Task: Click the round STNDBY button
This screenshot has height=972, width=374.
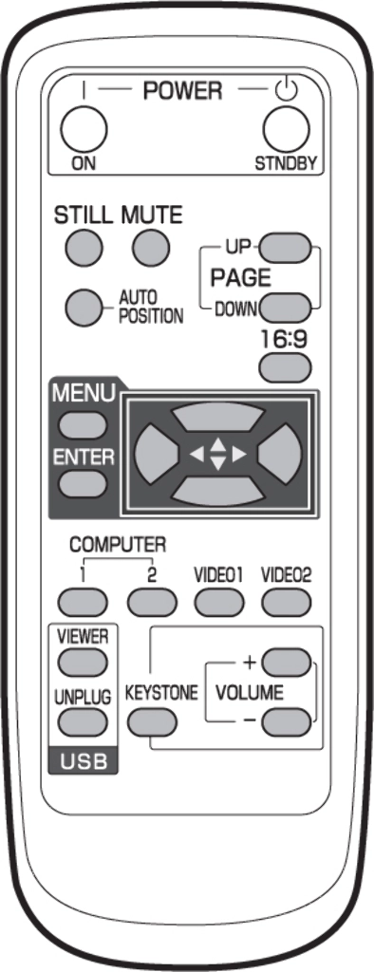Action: [x=286, y=129]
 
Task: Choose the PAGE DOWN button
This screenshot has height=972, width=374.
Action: [x=285, y=307]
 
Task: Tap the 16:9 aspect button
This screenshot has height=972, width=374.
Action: [x=285, y=368]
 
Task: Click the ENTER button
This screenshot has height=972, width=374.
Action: [x=83, y=484]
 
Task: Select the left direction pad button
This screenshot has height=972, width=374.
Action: [x=155, y=455]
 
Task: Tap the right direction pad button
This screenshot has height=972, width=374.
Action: [x=280, y=455]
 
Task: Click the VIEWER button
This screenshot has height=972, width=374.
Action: [x=82, y=663]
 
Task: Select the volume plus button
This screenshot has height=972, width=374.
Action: [x=286, y=662]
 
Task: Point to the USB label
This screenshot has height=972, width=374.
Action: [x=83, y=762]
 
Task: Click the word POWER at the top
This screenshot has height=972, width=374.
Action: [x=182, y=91]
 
